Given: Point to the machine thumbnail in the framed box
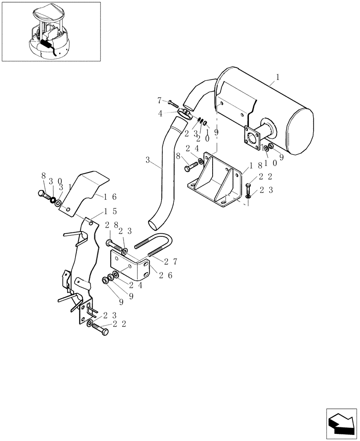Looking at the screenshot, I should point(51,31).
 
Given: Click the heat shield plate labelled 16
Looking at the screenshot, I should point(84,191).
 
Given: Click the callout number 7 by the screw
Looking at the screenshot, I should point(160,101).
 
